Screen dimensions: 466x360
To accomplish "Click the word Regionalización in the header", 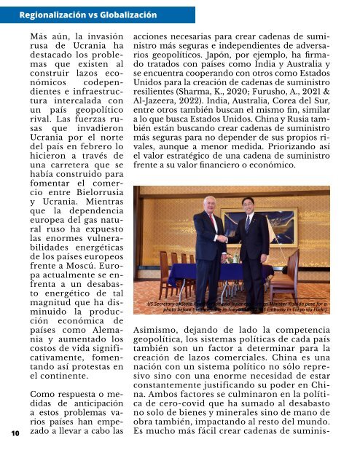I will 51,14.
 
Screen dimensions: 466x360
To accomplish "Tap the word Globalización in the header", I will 128,14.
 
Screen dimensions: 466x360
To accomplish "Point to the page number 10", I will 15,433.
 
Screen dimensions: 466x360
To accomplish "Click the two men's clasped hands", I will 232,258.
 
